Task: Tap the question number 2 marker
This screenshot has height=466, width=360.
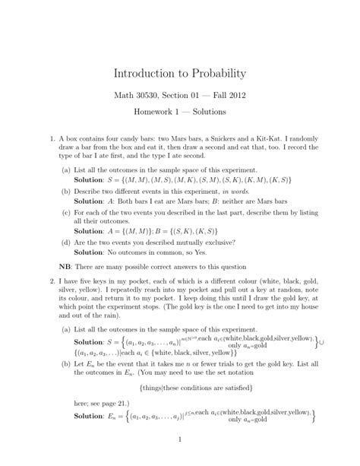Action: [x=52, y=281]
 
